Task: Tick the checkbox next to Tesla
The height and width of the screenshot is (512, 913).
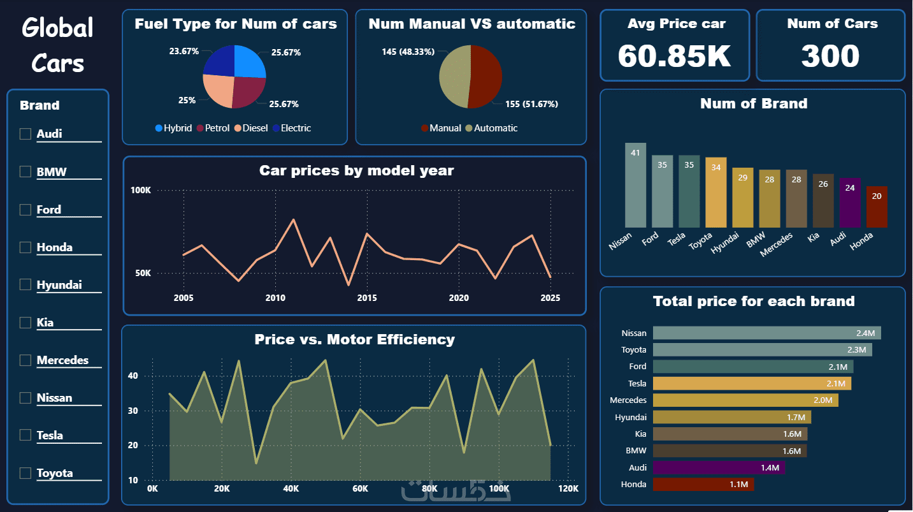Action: tap(25, 435)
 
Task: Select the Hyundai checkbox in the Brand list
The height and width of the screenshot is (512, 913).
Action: tap(25, 284)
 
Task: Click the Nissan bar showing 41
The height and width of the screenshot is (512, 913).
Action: tap(635, 185)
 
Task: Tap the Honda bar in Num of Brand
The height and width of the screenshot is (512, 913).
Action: tap(877, 207)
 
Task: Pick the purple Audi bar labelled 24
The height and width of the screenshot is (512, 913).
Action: tap(850, 203)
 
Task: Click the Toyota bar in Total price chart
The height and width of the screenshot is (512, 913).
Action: tap(762, 350)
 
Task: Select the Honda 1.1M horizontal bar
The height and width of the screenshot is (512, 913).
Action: tap(703, 485)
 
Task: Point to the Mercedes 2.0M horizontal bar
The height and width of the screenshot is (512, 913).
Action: tap(745, 400)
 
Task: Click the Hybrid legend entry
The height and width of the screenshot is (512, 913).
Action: tap(173, 128)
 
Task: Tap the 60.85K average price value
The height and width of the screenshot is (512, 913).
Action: tap(674, 56)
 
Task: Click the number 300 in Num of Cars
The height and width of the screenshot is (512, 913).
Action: tap(830, 56)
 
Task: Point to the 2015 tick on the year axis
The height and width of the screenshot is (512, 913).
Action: tap(367, 298)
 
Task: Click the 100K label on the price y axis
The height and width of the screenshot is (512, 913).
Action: tap(141, 190)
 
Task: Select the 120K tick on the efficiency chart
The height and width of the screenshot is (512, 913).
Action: tap(568, 489)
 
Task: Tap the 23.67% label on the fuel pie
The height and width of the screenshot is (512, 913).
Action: tap(184, 51)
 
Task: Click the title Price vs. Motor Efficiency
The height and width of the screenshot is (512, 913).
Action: tap(354, 339)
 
